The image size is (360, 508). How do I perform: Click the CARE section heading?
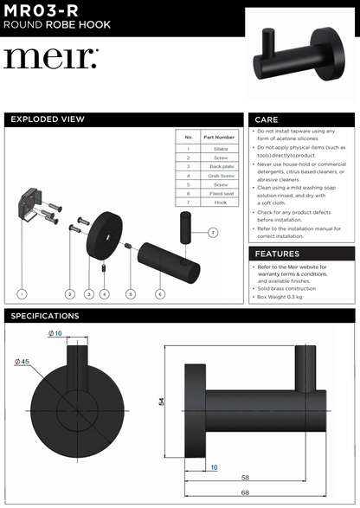point(268,120)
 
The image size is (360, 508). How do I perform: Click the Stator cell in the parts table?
point(219,149)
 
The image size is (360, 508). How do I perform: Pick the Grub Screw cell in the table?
point(219,176)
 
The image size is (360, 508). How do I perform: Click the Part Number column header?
point(219,137)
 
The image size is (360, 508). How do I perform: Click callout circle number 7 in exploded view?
point(213,234)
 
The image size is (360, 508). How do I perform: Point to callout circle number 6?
point(160,294)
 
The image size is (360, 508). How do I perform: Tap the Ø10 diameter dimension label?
point(55,333)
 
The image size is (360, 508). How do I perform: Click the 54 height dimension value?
point(161,402)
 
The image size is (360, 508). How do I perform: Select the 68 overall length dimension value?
point(245,493)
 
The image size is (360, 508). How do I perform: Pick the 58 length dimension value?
point(245,478)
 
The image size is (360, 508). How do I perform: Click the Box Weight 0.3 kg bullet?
point(286,297)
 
